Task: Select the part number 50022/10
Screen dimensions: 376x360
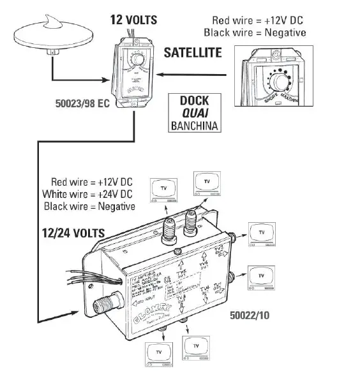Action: click(x=251, y=315)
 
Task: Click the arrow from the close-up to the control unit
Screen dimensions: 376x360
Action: click(x=191, y=74)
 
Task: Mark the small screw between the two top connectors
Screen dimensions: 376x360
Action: click(x=182, y=247)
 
